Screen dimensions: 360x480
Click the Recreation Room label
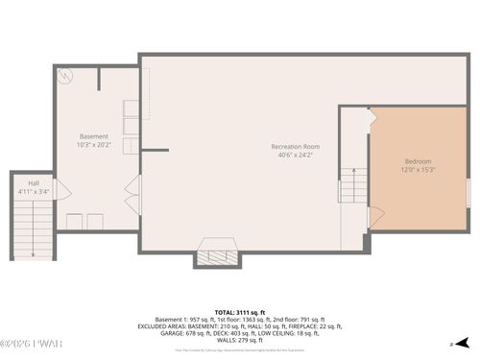(295, 147)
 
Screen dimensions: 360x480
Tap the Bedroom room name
(418, 161)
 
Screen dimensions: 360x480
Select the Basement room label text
(94, 136)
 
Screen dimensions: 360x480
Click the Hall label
(34, 182)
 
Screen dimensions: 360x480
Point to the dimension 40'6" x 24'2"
(295, 155)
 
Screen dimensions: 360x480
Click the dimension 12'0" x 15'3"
(418, 169)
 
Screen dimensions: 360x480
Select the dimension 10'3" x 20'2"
(94, 145)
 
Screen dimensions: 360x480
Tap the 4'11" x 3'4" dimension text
(34, 191)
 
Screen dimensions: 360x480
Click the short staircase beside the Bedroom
(353, 184)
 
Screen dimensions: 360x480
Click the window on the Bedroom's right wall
(468, 192)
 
